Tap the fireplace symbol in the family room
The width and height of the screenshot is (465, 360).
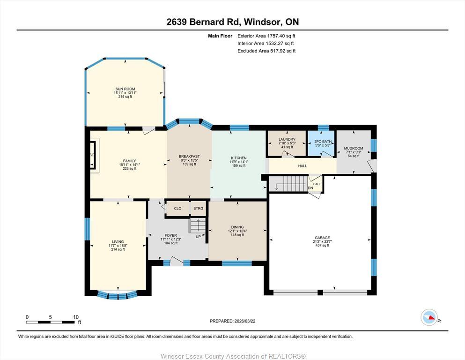click(x=94, y=154)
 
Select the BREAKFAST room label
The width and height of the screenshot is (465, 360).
click(x=189, y=157)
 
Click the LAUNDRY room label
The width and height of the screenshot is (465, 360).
click(x=287, y=139)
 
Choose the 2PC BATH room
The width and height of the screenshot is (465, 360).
click(x=322, y=143)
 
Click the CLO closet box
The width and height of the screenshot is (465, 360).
click(x=177, y=209)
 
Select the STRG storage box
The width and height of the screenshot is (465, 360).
click(x=198, y=209)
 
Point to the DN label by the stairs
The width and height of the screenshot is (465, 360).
click(x=310, y=188)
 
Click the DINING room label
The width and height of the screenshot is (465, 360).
click(x=237, y=227)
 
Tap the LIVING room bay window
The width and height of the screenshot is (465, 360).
click(x=118, y=295)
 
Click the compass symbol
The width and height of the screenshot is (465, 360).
click(x=428, y=318)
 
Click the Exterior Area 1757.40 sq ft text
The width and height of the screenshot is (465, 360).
click(x=266, y=36)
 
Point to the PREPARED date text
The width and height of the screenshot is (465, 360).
click(x=232, y=321)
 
